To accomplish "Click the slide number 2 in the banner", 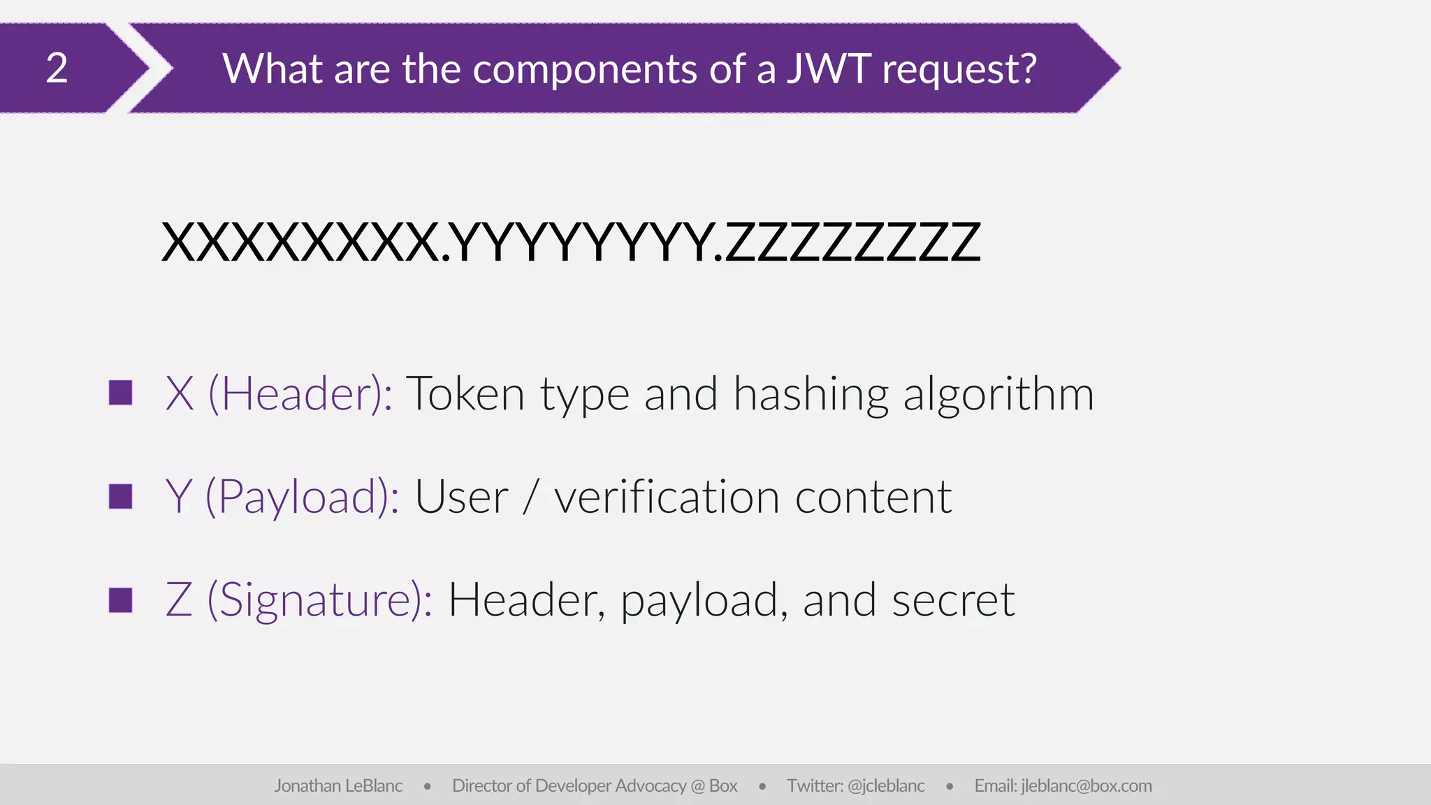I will point(57,68).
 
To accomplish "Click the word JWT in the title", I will point(829,68).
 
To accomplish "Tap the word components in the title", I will point(584,70).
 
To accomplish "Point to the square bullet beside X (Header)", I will point(121,393).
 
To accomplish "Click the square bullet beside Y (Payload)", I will point(121,496).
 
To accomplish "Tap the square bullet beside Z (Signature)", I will point(121,600).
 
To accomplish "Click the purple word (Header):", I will point(300,394).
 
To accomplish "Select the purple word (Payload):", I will point(302,498).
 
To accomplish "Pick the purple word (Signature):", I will point(320,601).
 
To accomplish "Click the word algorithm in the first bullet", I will point(998,394).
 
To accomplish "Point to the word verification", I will point(666,498).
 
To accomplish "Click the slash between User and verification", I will point(531,498).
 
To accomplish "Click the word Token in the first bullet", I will point(465,394).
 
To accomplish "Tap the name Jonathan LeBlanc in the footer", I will point(338,786).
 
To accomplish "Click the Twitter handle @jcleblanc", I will point(886,786).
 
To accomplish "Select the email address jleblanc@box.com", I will point(1086,786).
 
